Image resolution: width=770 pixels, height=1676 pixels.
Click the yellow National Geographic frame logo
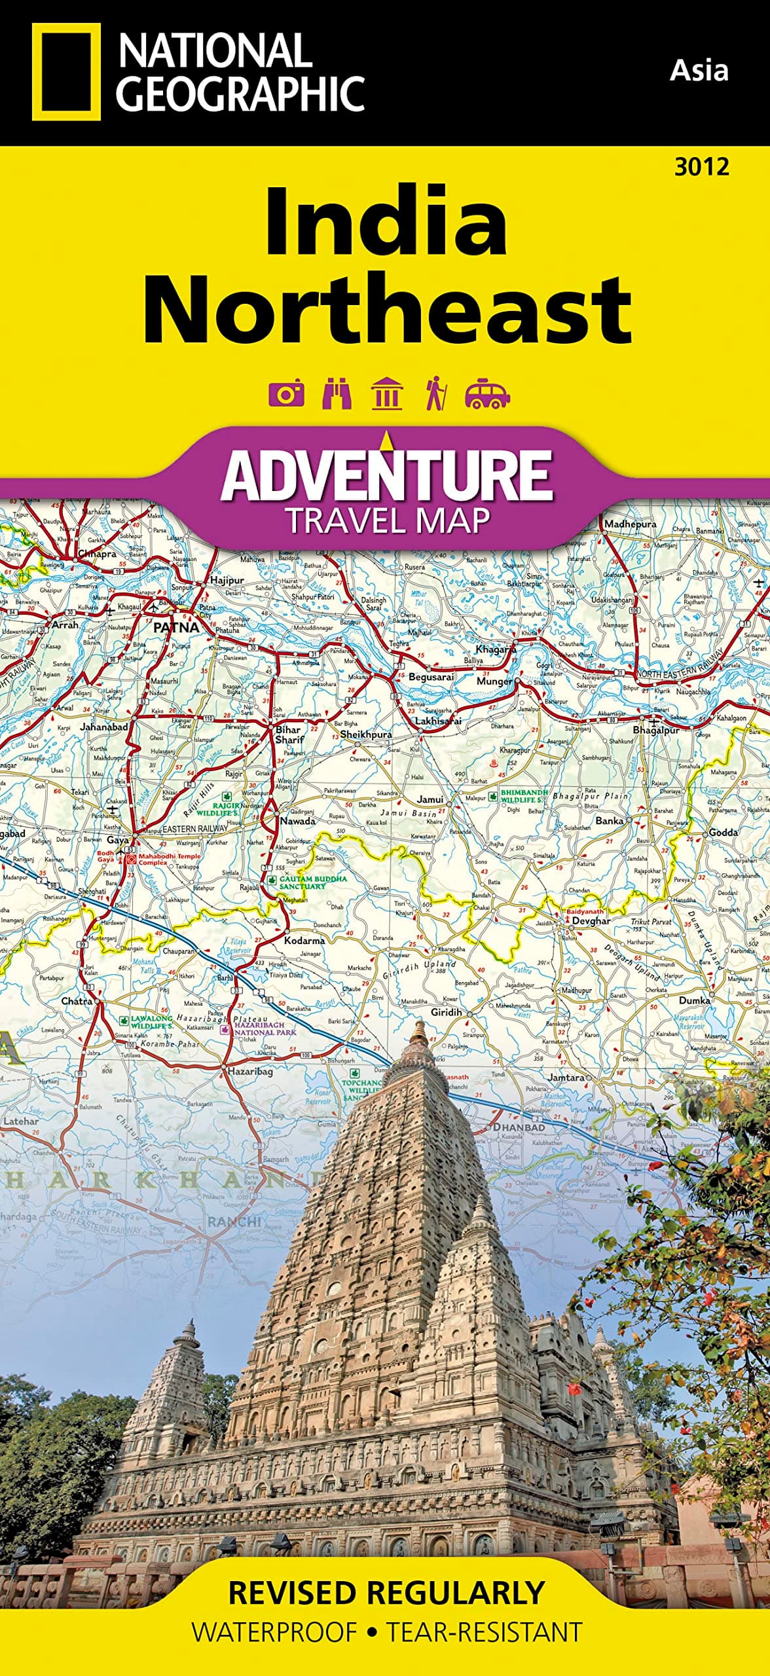point(66,72)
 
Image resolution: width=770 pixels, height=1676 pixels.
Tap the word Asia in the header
point(699,70)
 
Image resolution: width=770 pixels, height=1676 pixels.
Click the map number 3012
point(701,168)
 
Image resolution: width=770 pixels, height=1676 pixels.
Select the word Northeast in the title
point(388,310)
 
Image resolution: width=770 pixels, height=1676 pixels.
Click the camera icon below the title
point(287,393)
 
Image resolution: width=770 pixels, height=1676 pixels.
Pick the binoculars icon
point(337,393)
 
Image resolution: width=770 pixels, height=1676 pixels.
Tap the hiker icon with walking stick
point(435,393)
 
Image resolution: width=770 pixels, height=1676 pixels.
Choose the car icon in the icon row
point(486,393)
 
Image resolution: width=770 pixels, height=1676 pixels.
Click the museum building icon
point(386,393)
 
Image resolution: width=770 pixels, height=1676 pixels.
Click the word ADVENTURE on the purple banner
point(386,476)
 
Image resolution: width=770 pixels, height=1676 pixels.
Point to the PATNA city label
point(175,627)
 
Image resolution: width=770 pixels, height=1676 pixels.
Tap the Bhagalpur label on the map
point(655,729)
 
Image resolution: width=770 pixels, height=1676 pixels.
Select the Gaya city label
point(118,839)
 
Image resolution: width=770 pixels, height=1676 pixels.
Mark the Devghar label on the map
point(591,920)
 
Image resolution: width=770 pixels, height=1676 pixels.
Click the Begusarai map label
point(430,677)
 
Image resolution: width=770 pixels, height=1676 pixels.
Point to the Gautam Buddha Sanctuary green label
point(313,882)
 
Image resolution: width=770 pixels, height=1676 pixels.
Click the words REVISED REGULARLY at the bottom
point(386,1592)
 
